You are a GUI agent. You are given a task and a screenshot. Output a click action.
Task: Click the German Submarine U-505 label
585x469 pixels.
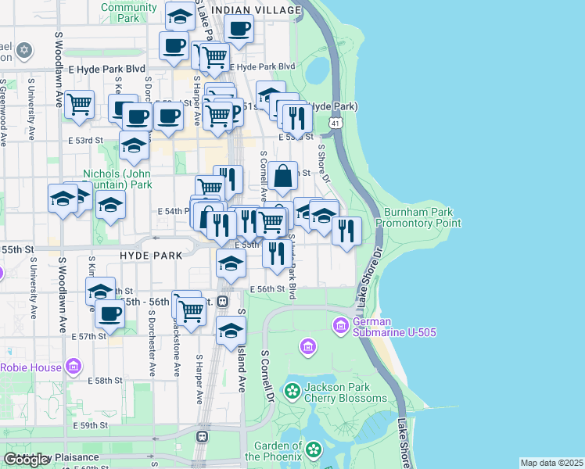point(394,327)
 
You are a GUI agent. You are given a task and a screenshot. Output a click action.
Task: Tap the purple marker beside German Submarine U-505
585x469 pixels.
point(341,324)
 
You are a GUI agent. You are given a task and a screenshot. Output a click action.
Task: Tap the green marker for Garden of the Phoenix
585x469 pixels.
point(314,449)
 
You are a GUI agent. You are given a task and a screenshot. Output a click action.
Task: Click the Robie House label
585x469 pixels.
point(33,367)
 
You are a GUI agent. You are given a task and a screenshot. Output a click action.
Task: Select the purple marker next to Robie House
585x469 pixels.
point(74,366)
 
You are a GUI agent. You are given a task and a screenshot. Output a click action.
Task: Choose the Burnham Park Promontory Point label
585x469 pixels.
point(418,217)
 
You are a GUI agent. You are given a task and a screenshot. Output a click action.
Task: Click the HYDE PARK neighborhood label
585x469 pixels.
point(151,256)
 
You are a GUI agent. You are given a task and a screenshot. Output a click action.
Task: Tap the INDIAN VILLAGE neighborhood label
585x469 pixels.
point(257,10)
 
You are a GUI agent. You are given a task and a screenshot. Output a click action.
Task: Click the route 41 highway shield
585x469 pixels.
point(336,124)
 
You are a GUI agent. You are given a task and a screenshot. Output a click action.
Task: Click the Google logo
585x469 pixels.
point(27,460)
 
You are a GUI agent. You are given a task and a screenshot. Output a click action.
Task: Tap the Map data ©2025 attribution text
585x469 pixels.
point(551,463)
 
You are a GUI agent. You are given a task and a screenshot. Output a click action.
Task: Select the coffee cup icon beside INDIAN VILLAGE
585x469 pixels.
point(239,29)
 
